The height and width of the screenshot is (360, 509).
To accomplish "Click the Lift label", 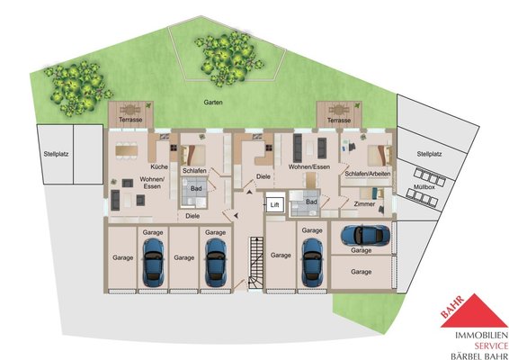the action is pos(274,205).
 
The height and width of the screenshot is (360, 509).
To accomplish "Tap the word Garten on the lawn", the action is pos(213,103).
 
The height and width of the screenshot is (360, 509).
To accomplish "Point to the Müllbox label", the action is pos(424,187).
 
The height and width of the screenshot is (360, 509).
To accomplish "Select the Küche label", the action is pos(159,166).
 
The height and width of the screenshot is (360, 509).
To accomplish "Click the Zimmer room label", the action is pos(364,204).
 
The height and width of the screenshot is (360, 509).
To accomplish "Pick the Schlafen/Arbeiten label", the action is pos(368,174).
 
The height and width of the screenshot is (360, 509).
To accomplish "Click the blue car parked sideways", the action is pos(365,235).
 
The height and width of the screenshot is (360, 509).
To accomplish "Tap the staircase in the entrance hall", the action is pos(256,263).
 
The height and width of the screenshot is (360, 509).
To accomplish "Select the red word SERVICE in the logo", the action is pos(491,346).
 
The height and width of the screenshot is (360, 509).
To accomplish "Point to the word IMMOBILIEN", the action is pos(482,336).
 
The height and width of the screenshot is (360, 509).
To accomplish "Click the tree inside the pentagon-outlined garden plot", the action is pos(228,58).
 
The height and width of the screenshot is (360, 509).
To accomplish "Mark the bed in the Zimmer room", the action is pos(372,193).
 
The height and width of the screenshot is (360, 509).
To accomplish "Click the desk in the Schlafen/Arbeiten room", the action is pos(349,147).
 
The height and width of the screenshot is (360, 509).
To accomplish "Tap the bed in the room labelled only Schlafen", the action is pos(193,155).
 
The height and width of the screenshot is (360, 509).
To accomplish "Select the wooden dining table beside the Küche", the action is pos(126,150).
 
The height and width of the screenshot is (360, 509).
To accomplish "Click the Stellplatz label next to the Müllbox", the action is pos(429,154).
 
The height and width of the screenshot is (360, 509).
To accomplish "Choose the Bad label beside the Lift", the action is pos(311,202).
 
